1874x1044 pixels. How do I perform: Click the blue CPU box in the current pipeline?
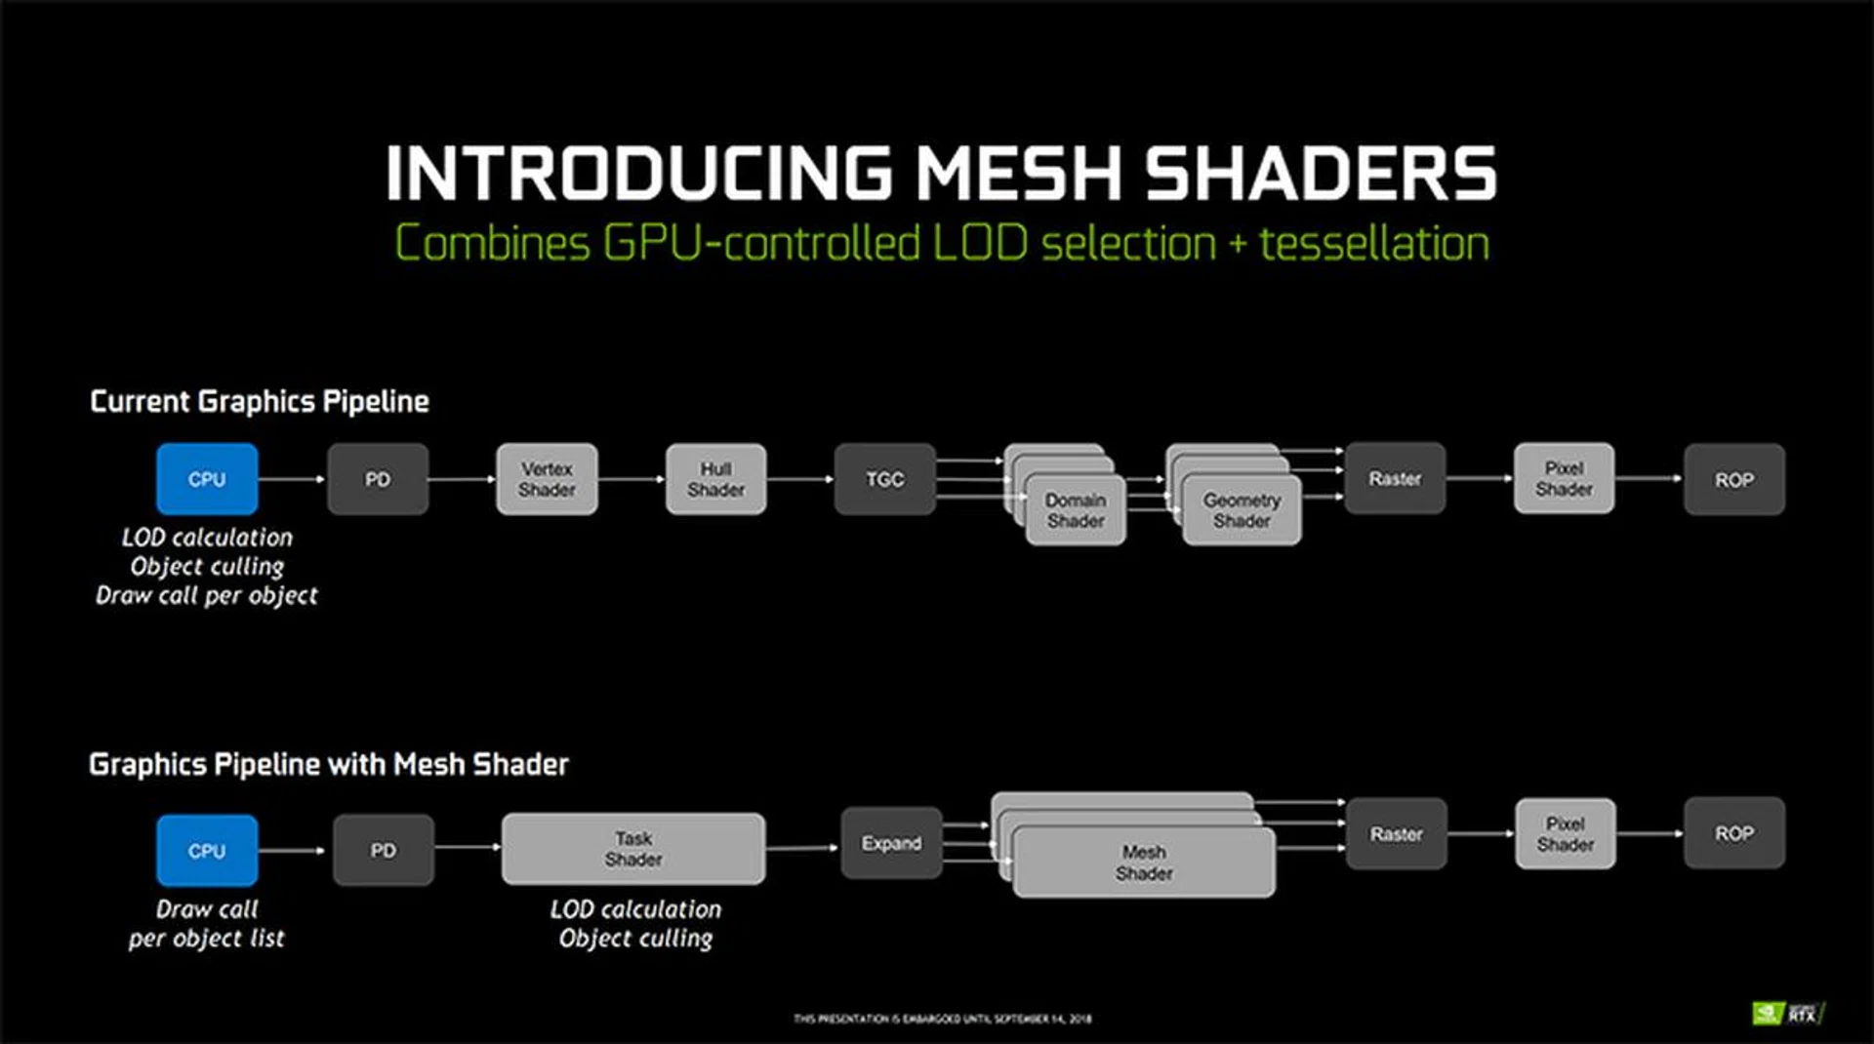(207, 479)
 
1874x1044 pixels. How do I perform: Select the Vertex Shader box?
(547, 479)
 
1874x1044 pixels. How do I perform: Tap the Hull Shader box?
(715, 479)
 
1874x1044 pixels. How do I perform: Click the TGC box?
(884, 479)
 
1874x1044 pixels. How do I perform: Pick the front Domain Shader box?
(1076, 510)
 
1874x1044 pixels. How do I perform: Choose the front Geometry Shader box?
(1242, 510)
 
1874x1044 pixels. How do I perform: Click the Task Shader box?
(633, 849)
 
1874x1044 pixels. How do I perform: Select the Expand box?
(891, 843)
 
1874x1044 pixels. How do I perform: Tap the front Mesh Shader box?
(1144, 863)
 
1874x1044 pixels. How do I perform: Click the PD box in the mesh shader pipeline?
(384, 851)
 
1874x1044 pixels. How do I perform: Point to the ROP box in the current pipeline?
(1733, 479)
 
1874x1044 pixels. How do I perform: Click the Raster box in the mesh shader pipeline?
(1396, 834)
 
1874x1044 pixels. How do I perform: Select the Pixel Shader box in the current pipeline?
(1564, 478)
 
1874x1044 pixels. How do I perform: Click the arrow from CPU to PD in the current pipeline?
(292, 479)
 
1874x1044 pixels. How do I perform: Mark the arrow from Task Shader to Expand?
(802, 848)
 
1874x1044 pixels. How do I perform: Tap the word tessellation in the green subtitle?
(1374, 244)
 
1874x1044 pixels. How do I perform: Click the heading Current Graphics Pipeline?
(260, 401)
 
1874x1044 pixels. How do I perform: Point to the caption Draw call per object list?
(207, 923)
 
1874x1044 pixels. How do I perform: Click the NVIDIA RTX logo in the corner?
(1788, 1014)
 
